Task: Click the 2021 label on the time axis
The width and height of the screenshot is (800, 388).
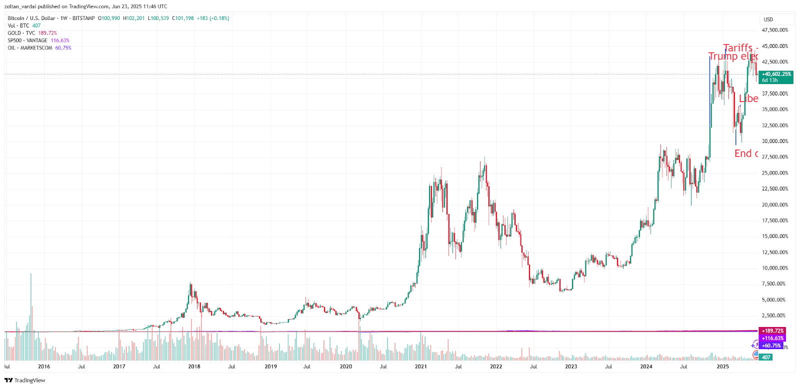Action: pos(420,366)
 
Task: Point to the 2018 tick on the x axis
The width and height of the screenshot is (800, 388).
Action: pos(194,366)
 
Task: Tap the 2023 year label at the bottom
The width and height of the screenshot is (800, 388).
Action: pos(571,366)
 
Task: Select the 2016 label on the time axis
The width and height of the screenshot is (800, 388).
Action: pos(44,366)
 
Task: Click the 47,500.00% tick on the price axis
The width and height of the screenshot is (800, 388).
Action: pos(774,30)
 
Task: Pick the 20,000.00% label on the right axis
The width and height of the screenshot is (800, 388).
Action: pos(774,204)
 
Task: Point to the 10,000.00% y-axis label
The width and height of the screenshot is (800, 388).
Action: pos(774,268)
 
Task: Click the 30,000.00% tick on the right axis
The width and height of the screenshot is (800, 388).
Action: pos(774,141)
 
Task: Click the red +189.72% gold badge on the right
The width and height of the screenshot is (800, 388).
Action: pos(772,331)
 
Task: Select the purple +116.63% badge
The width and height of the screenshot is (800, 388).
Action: pos(772,338)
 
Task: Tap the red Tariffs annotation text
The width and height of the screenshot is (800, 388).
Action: pos(738,48)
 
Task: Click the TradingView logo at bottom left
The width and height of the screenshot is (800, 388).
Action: pos(24,380)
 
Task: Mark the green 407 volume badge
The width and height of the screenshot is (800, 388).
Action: pos(766,357)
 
